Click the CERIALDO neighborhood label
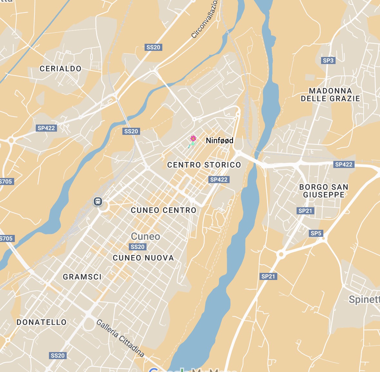point(61,69)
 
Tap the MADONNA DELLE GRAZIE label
point(330,95)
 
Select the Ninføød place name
point(220,141)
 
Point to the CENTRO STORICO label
point(204,165)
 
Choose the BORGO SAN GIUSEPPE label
point(324,191)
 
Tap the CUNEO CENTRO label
point(164,210)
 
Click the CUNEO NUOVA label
point(143,258)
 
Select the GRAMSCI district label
point(82,277)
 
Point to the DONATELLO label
point(42,322)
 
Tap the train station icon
point(98,202)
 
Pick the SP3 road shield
point(328,60)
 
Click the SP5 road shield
point(316,233)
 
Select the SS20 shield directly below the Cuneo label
point(138,247)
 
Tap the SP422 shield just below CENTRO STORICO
point(219,180)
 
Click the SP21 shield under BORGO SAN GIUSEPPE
point(305,211)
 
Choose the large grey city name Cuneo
point(146,237)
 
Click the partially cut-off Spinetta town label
point(364,300)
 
